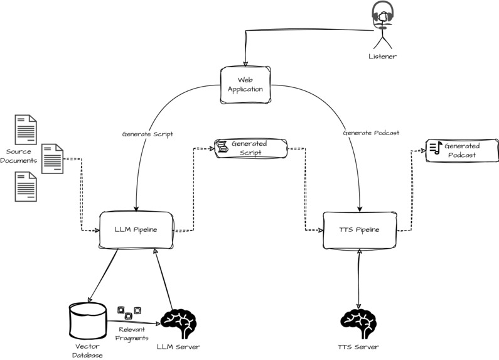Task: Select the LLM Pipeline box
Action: click(136, 230)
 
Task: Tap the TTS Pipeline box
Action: click(360, 230)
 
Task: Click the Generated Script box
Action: click(250, 148)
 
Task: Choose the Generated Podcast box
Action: click(461, 150)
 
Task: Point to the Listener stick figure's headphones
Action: click(382, 13)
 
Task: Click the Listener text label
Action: click(382, 57)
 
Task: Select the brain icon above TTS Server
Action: click(358, 323)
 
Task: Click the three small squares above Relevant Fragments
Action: click(129, 312)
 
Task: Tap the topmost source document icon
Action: click(25, 128)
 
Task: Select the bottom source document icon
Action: click(25, 187)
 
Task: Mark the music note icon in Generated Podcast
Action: click(435, 148)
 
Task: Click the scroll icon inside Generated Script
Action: click(222, 147)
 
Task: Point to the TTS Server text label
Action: click(358, 347)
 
